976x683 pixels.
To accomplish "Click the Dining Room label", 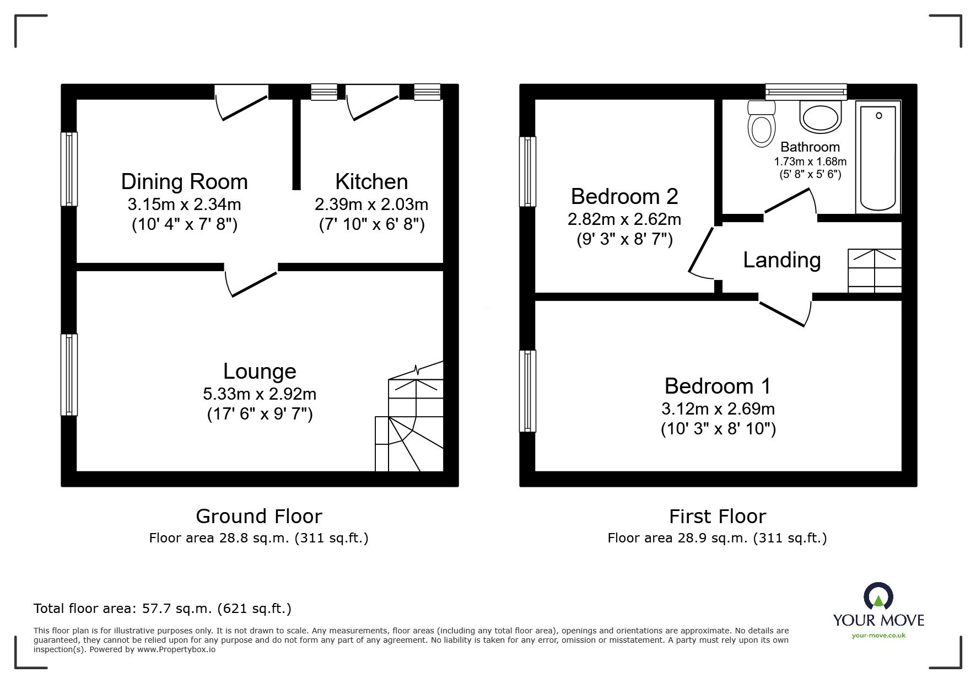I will (x=184, y=181).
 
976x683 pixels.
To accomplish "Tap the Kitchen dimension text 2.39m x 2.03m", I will (x=371, y=205).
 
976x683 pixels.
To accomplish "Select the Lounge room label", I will (x=260, y=371).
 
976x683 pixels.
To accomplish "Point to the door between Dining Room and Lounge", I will (x=251, y=281).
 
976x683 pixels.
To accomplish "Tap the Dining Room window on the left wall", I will (x=69, y=169).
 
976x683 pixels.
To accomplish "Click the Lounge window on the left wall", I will (x=69, y=374).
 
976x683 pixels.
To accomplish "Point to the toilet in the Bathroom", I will (x=762, y=125).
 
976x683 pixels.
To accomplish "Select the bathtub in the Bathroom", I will (x=878, y=158).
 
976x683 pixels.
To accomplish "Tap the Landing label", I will (x=781, y=260).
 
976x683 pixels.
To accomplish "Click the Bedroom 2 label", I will (x=624, y=196).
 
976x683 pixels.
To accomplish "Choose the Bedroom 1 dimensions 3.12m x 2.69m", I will (x=718, y=409).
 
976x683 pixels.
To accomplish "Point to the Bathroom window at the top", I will (x=806, y=92).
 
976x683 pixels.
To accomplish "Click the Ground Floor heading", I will (x=258, y=517).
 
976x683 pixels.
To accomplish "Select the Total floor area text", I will (x=163, y=609).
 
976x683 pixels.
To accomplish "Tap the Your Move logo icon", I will (x=878, y=597).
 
